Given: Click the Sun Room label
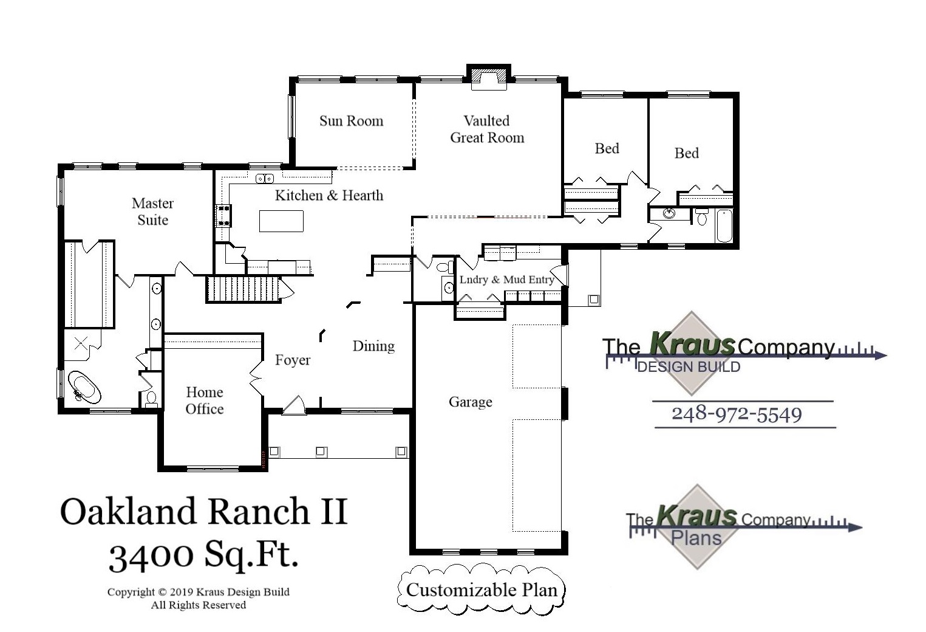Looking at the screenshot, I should [x=351, y=121].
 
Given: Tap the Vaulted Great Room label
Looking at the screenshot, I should [x=487, y=129].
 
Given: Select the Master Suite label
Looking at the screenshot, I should [x=152, y=211].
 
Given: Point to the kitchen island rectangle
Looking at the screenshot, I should [x=281, y=221].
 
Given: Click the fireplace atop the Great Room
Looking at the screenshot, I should [x=489, y=77].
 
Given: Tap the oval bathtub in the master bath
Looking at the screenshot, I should [x=84, y=387].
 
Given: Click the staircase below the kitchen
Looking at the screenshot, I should [x=243, y=289].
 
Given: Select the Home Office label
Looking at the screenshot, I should [x=205, y=400].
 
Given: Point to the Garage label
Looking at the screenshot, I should [x=470, y=402].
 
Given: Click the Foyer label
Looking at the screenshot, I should [x=293, y=360].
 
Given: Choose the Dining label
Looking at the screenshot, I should [x=373, y=346].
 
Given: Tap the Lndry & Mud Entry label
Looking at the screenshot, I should [x=506, y=280].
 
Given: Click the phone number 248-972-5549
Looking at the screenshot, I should [x=737, y=414].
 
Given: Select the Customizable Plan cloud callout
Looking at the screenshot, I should [x=482, y=589].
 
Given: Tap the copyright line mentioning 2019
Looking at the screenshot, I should [x=198, y=592].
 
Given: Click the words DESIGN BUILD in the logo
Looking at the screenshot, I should [x=689, y=366].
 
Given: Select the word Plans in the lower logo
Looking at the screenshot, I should [x=696, y=538].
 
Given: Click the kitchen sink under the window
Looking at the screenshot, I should [x=264, y=179].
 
